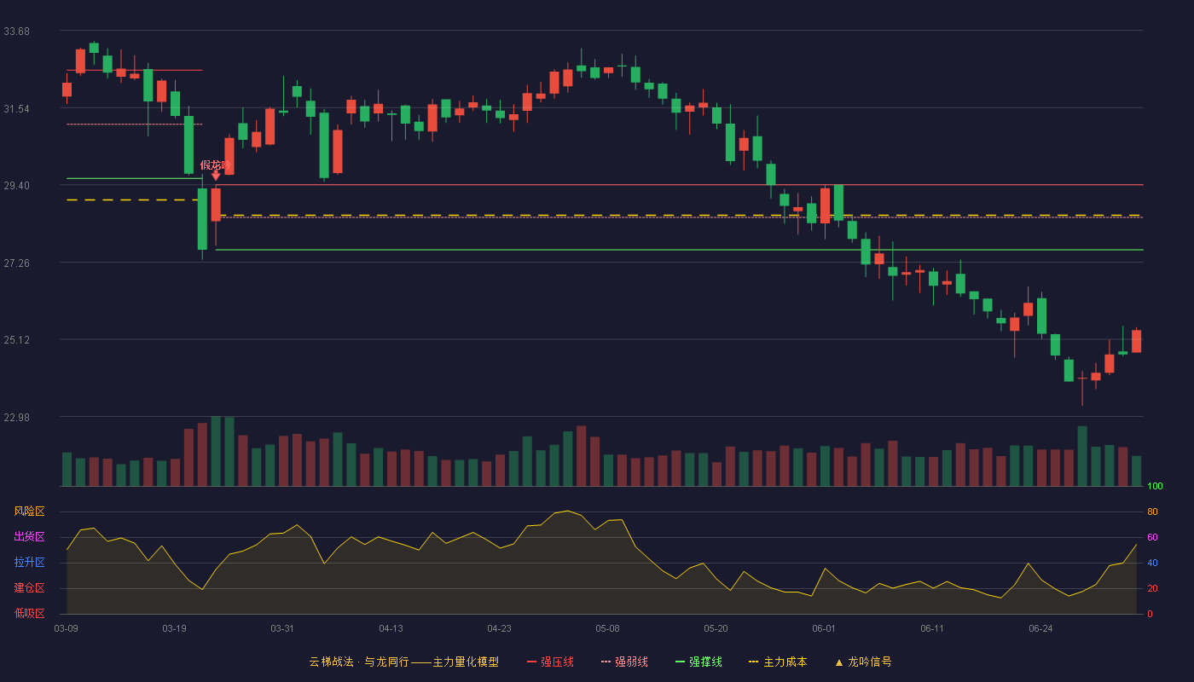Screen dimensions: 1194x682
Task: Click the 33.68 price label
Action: [x=16, y=32]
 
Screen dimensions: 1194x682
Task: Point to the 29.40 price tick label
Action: [x=16, y=186]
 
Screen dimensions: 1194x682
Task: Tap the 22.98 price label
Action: [x=16, y=417]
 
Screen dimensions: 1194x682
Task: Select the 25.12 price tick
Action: [x=16, y=340]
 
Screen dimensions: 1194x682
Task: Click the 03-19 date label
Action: [x=174, y=629]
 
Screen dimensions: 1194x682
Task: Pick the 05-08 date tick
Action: [x=607, y=629]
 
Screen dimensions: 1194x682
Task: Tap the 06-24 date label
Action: [x=1040, y=629]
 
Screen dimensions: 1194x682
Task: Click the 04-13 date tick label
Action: [x=391, y=629]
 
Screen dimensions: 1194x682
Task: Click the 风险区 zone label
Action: [x=29, y=511]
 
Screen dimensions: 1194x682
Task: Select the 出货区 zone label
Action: [x=29, y=536]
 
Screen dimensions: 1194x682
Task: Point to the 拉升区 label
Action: [x=29, y=562]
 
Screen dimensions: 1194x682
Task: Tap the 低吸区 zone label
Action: [x=29, y=613]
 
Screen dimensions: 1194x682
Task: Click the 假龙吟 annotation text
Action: [x=215, y=165]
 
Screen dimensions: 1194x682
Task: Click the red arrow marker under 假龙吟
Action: [x=216, y=176]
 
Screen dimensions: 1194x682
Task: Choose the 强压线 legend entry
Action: [x=550, y=662]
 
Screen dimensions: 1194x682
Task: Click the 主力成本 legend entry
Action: [x=778, y=662]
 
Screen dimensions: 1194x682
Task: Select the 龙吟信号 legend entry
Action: [x=863, y=662]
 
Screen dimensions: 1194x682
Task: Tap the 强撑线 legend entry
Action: [x=698, y=662]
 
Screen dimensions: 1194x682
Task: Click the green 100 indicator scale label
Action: [x=1155, y=486]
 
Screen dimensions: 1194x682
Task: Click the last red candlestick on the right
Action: [x=1136, y=341]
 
